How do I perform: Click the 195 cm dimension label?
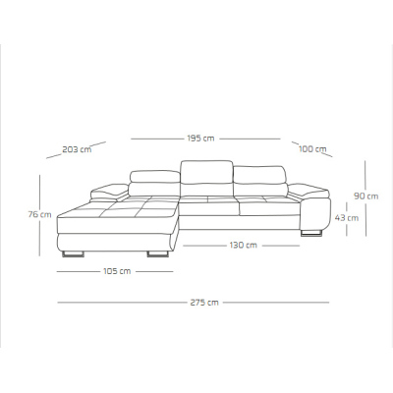pyautogui.click(x=200, y=139)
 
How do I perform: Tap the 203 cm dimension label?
pyautogui.click(x=77, y=149)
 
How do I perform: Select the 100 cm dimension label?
pyautogui.click(x=312, y=149)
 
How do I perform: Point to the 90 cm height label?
pyautogui.click(x=366, y=196)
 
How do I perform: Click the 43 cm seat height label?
pyautogui.click(x=347, y=217)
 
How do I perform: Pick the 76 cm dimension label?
pyautogui.click(x=39, y=214)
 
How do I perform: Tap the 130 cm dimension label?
pyautogui.click(x=243, y=245)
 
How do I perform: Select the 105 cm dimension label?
pyautogui.click(x=117, y=271)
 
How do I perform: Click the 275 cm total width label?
pyautogui.click(x=204, y=303)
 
